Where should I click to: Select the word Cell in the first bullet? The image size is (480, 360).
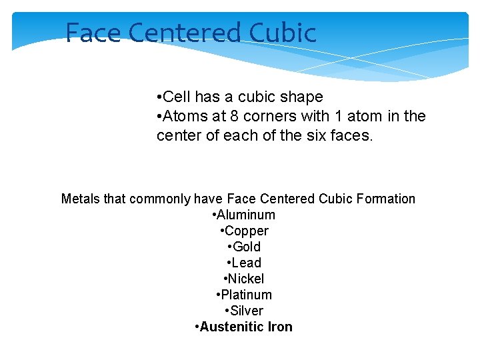point(177,97)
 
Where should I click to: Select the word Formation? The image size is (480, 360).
point(386,199)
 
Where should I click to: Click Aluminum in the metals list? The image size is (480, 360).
point(245,215)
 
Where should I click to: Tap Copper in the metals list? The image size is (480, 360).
point(247,231)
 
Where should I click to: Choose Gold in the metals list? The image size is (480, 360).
point(247,247)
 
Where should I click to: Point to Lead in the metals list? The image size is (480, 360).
point(247,263)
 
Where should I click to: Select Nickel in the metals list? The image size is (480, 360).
point(247,279)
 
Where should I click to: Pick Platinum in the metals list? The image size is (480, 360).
point(247,295)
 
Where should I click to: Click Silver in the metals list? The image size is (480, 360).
point(247,311)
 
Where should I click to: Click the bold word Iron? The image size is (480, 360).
point(280,327)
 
